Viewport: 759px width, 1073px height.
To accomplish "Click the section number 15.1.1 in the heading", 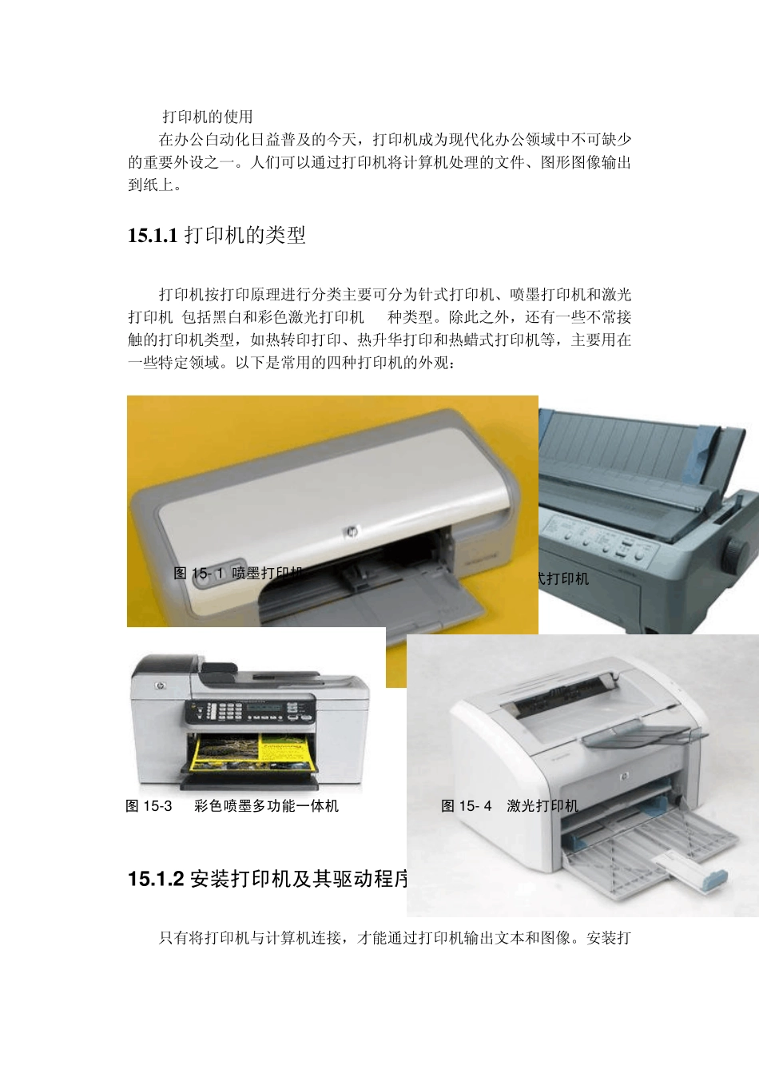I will coord(152,236).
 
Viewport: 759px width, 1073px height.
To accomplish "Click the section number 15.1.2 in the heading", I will coord(156,880).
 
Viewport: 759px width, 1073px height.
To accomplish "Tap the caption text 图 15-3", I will coord(149,806).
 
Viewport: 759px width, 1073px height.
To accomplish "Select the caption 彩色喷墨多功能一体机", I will coord(266,806).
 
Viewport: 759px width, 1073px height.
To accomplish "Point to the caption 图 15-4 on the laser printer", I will coord(467,806).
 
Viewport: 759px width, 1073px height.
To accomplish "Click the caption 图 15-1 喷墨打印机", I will coord(238,573).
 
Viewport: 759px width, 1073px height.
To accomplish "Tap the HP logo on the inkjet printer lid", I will coord(350,532).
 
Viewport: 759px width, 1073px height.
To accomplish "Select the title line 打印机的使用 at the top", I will coord(208,117).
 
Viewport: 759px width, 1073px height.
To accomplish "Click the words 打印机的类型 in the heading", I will coord(245,236).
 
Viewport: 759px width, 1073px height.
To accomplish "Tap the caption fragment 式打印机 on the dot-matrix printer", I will coord(563,578).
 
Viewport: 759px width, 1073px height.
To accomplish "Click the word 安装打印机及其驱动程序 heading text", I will coord(300,880).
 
